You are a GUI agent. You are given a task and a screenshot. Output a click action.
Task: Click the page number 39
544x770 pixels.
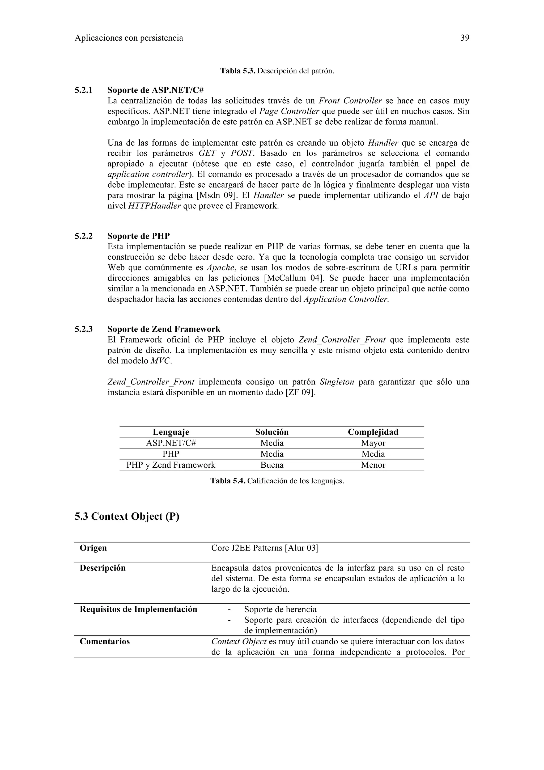coord(465,38)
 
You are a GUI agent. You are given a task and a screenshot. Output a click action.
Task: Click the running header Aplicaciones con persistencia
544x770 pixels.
coord(129,38)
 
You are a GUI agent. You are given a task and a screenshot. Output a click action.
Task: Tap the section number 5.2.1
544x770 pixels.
coord(83,90)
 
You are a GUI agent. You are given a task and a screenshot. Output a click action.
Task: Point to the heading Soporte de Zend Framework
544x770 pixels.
coord(164,329)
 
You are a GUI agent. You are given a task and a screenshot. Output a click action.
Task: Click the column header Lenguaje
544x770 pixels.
coord(171,432)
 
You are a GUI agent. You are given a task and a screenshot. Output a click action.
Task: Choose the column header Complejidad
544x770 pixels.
coord(373,432)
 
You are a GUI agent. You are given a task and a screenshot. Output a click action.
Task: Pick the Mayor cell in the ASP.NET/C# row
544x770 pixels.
coord(373,443)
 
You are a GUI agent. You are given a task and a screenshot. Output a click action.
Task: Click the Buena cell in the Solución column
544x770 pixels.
coord(272,465)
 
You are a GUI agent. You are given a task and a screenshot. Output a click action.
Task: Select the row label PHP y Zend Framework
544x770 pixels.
coord(171,465)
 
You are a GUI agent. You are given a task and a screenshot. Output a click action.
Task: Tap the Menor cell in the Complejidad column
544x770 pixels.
coord(373,465)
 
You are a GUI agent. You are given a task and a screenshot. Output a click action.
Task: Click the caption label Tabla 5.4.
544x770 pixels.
coord(228,481)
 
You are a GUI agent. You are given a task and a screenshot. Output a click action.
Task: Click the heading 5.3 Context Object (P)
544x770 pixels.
coord(127,516)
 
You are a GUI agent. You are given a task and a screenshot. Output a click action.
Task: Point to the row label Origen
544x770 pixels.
coord(93,548)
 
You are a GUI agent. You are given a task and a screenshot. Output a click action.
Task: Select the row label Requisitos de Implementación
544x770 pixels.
coord(138,609)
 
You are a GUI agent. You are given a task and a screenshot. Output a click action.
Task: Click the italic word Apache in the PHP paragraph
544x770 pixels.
coord(220,268)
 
